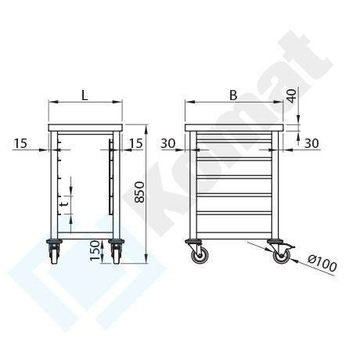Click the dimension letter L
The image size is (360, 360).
(85, 95)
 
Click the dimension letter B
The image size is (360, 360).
(233, 95)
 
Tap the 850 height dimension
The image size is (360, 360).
(139, 192)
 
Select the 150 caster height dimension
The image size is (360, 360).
(95, 250)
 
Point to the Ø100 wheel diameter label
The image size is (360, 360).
(322, 263)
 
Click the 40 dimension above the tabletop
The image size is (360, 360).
(292, 96)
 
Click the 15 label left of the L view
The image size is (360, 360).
(20, 143)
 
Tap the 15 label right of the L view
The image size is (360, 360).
(136, 143)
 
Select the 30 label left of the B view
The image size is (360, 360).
(167, 143)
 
